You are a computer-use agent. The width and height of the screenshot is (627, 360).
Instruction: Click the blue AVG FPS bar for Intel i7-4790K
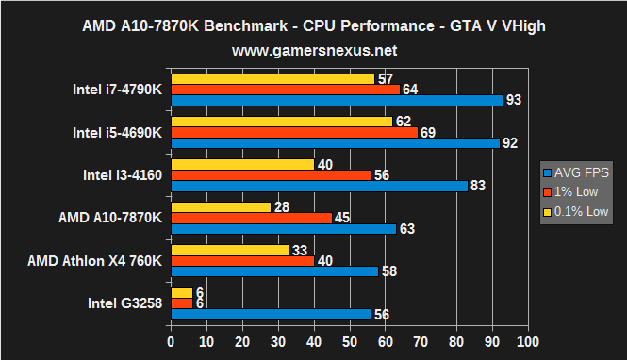pyautogui.click(x=336, y=100)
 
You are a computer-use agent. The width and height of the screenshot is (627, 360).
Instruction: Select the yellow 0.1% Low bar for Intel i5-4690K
pyautogui.click(x=281, y=122)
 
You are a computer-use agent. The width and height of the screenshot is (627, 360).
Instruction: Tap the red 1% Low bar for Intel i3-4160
pyautogui.click(x=270, y=174)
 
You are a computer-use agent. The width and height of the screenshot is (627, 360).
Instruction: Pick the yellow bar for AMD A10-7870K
pyautogui.click(x=220, y=206)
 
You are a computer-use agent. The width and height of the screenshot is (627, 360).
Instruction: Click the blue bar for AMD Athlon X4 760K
pyautogui.click(x=273, y=271)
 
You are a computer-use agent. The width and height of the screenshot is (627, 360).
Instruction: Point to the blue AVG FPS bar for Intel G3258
pyautogui.click(x=270, y=315)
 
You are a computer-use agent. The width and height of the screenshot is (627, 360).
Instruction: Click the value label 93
pyautogui.click(x=514, y=100)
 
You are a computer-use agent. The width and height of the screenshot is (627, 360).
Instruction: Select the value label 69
pyautogui.click(x=428, y=133)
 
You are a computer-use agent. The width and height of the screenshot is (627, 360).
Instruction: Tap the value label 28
pyautogui.click(x=281, y=206)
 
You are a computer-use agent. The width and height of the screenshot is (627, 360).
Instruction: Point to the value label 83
pyautogui.click(x=478, y=186)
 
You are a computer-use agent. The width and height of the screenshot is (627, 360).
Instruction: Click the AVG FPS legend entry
pyautogui.click(x=576, y=172)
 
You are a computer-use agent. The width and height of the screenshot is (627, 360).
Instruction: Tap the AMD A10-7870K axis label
pyautogui.click(x=110, y=218)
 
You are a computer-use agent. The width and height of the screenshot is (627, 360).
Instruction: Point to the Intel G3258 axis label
pyautogui.click(x=124, y=303)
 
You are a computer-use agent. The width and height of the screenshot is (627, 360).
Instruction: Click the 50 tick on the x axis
pyautogui.click(x=349, y=340)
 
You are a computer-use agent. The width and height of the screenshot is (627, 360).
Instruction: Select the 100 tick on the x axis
pyautogui.click(x=528, y=340)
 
